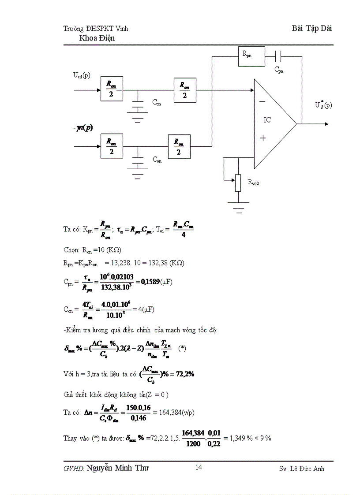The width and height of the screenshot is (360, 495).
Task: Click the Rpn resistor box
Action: pos(251,56)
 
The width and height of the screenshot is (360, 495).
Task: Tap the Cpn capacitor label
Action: pos(279,70)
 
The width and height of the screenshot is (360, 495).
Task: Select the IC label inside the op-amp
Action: pos(267,120)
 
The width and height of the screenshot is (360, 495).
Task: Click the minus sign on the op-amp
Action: pos(262,101)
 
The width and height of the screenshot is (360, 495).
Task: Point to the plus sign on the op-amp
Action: pos(263,138)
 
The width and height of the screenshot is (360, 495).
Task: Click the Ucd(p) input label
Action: pos(82,75)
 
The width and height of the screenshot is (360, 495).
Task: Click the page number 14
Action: pos(199,467)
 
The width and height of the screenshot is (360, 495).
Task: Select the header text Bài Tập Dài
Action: pos(312,28)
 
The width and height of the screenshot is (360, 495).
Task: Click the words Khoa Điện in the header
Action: pos(97,38)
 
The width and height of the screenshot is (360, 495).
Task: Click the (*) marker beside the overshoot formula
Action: pos(182,348)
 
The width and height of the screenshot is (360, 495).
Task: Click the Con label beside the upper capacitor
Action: pos(157,102)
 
